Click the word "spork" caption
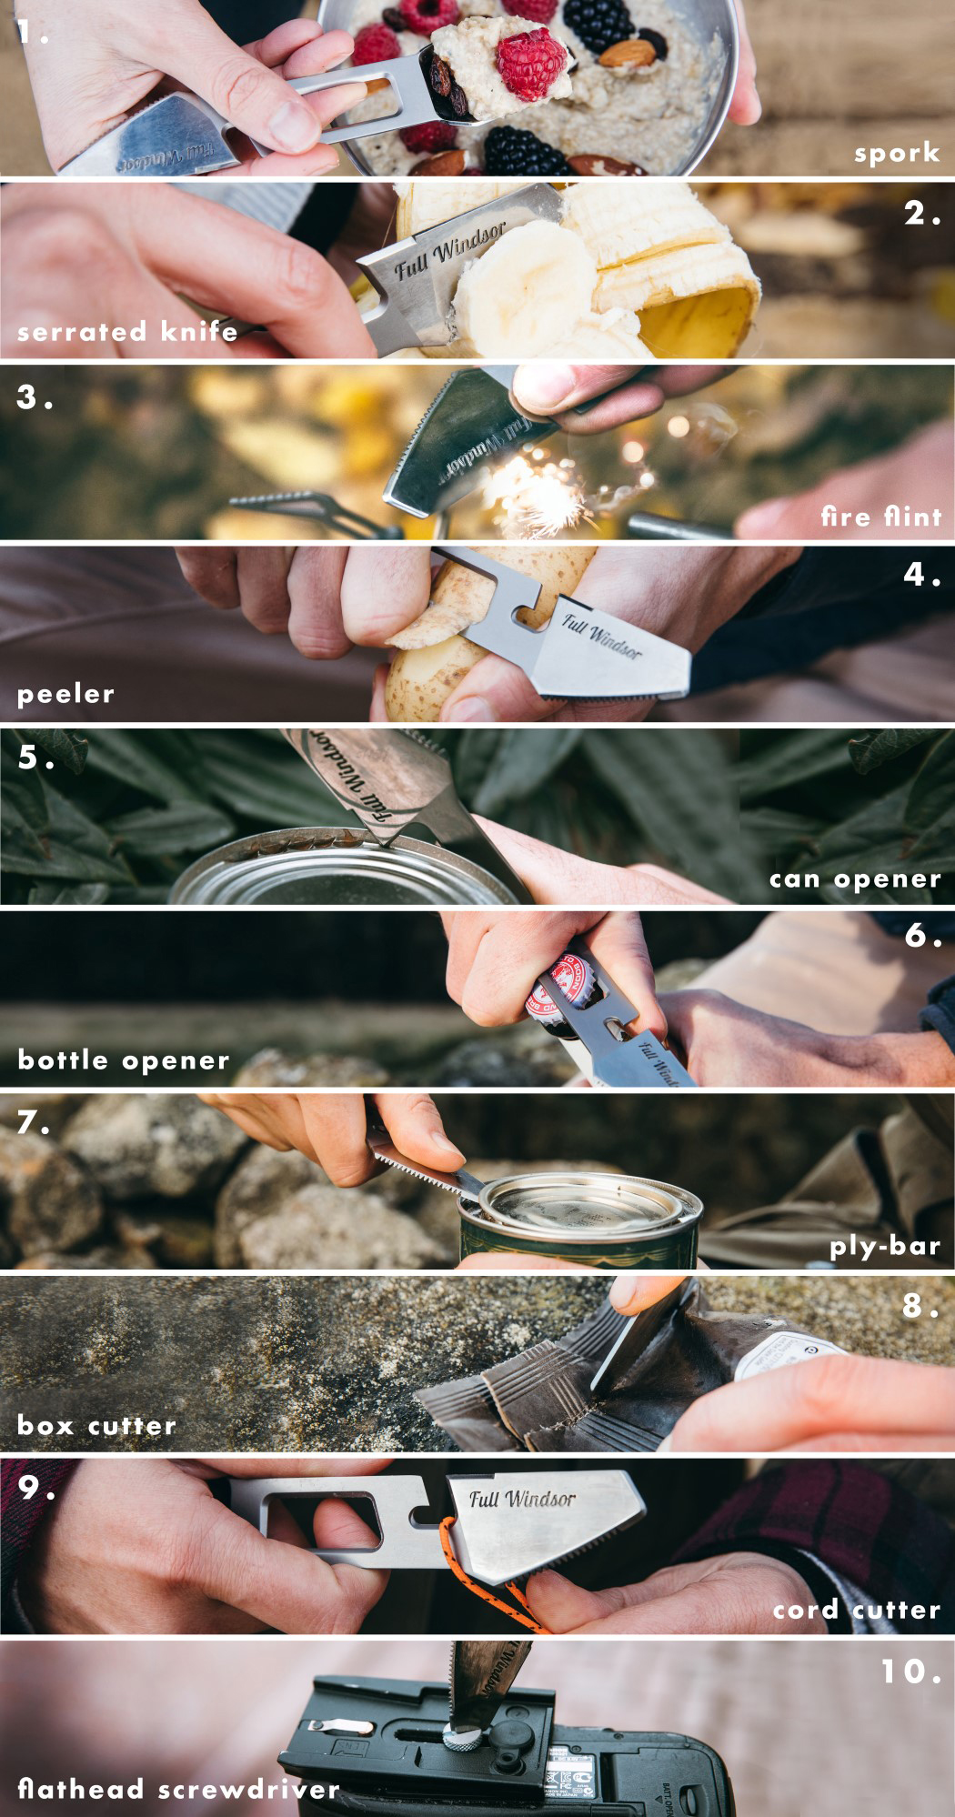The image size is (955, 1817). [x=896, y=153]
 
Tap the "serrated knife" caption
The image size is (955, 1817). [x=127, y=331]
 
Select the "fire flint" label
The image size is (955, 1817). [x=880, y=517]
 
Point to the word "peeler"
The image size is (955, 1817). [x=65, y=694]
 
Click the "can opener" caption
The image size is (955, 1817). [x=855, y=878]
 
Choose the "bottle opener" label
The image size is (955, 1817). [x=124, y=1059]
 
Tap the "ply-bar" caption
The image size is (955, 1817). [x=884, y=1246]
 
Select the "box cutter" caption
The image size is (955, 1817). [x=96, y=1425]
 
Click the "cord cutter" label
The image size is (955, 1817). [x=856, y=1610]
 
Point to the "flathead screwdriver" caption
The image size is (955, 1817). [x=178, y=1790]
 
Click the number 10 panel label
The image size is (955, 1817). [x=910, y=1671]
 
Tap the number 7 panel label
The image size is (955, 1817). [x=34, y=1123]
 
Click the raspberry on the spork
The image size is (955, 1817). [x=531, y=63]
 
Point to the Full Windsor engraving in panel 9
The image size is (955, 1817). [x=522, y=1499]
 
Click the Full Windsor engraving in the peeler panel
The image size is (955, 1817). [x=601, y=636]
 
